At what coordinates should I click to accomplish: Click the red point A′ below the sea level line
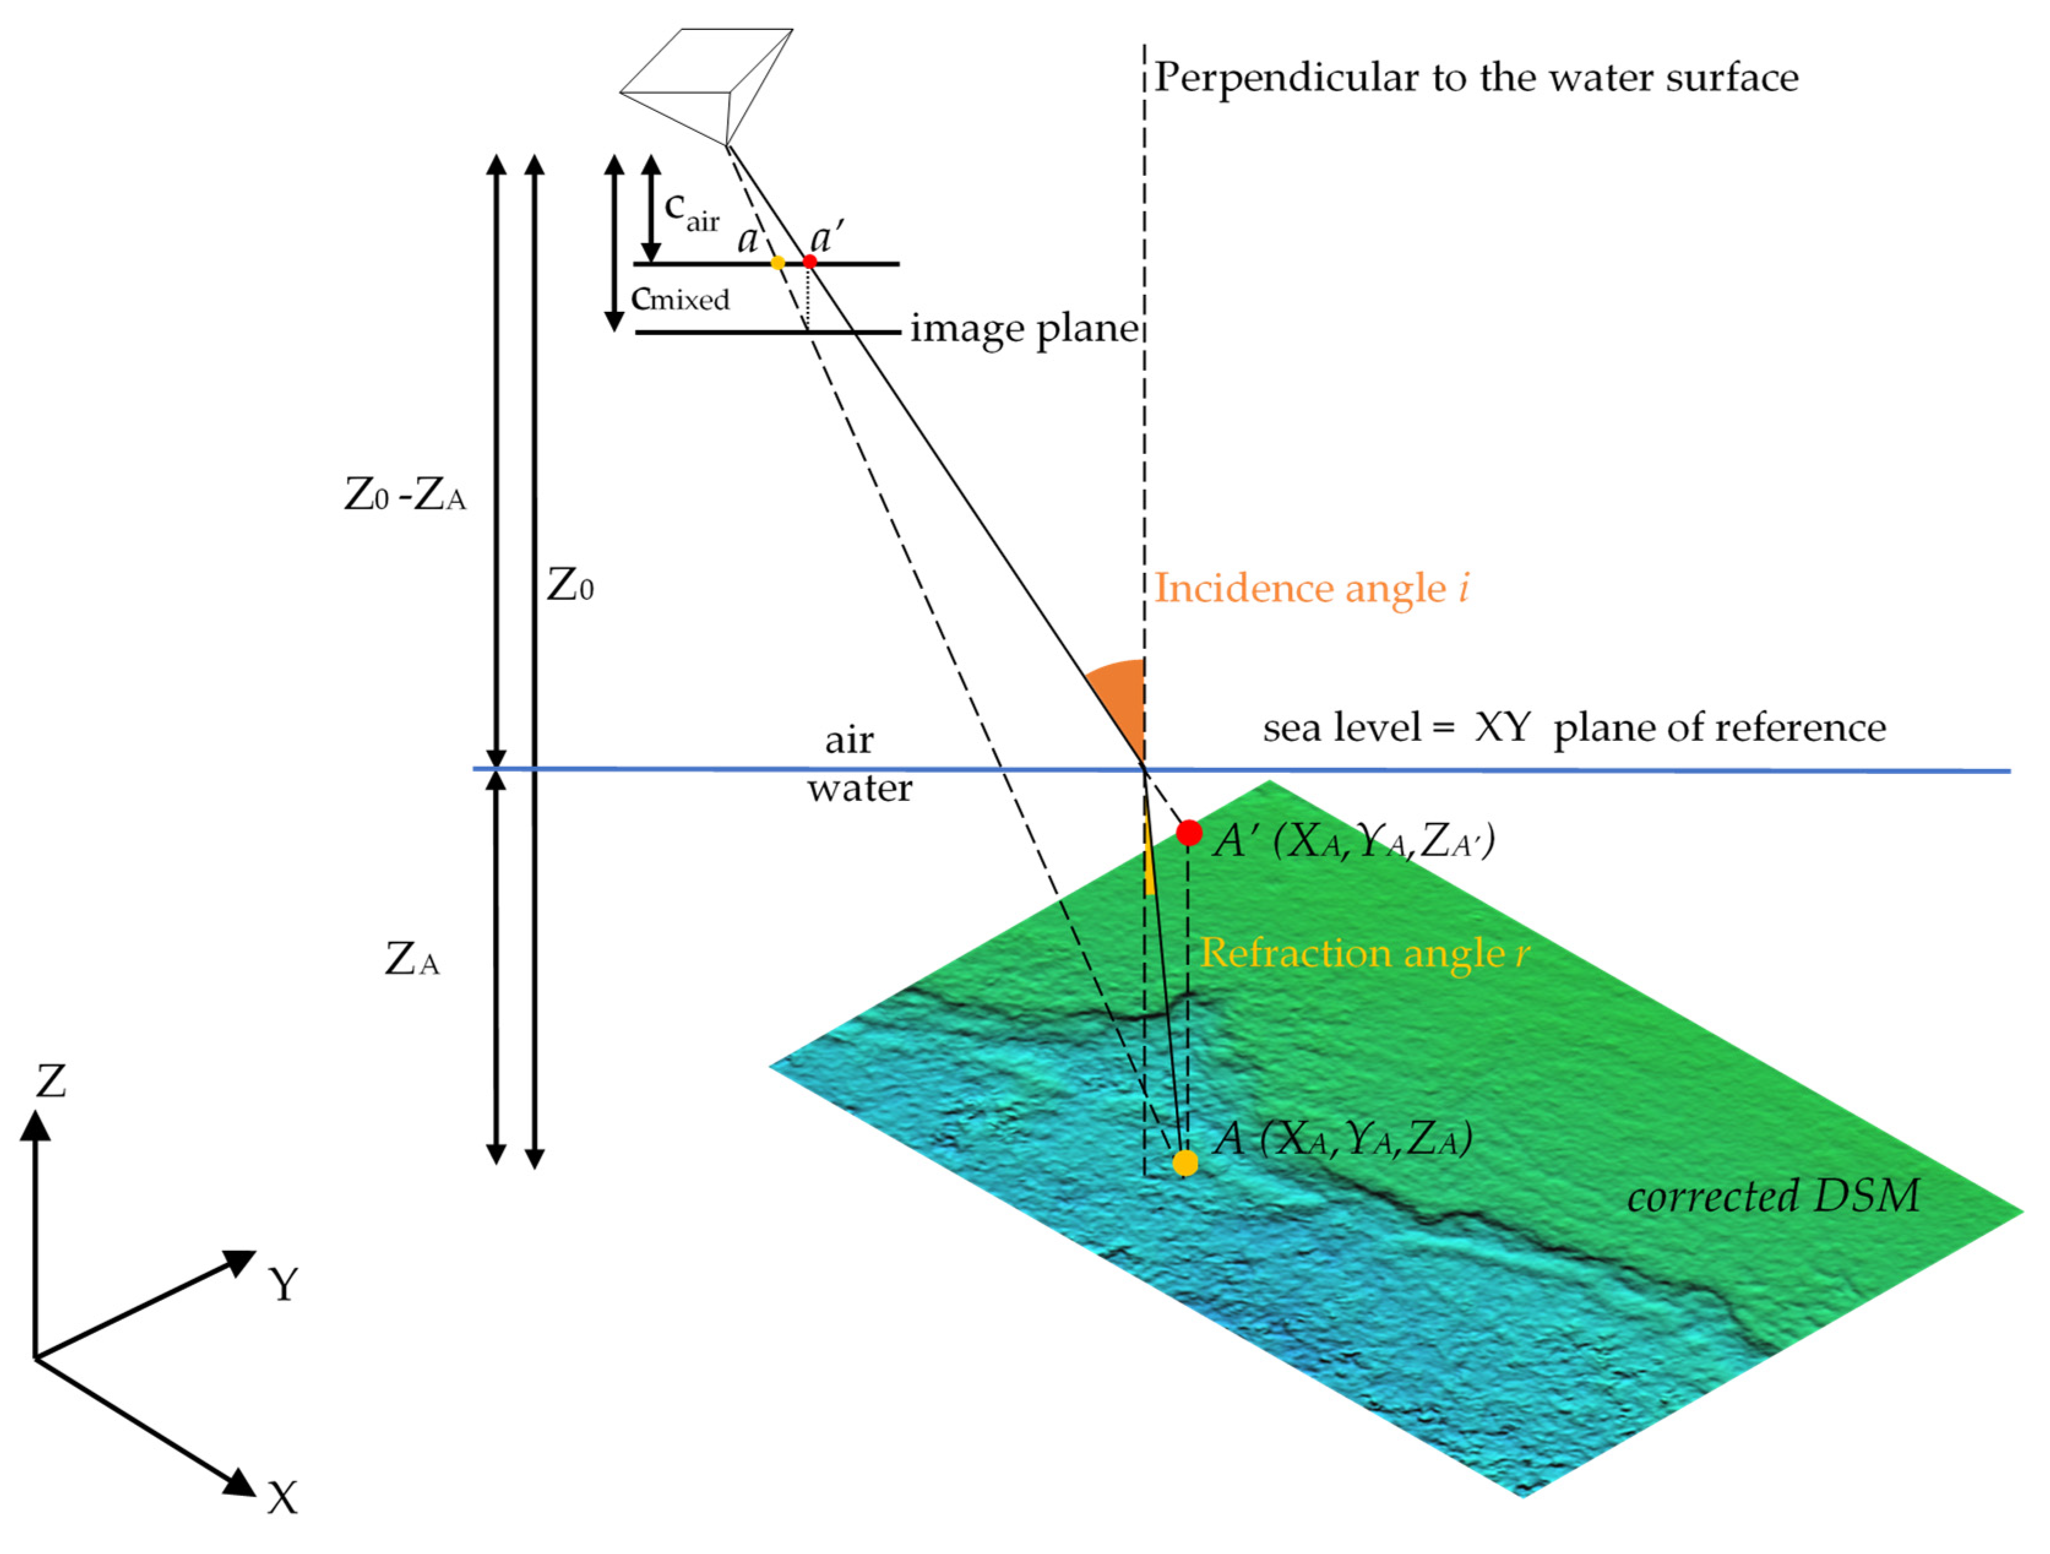(1189, 833)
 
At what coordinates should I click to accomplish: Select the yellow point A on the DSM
(1186, 1163)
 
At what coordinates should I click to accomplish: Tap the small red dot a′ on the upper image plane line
(810, 262)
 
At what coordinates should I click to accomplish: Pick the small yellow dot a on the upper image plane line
(777, 263)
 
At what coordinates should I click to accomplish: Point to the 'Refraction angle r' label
(1364, 953)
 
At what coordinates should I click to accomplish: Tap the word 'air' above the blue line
(849, 740)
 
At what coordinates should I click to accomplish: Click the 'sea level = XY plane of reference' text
(1573, 729)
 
